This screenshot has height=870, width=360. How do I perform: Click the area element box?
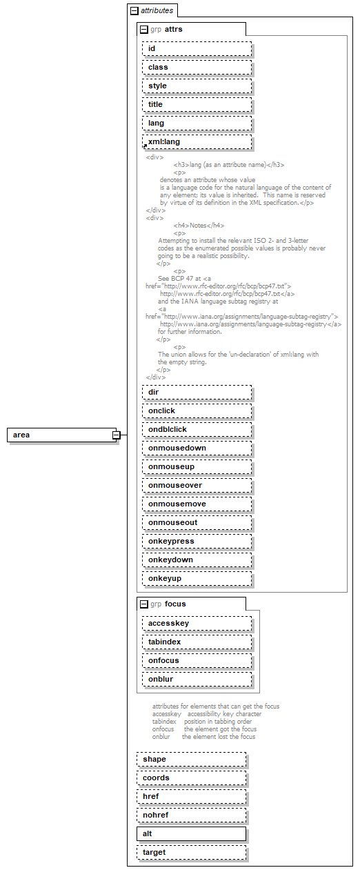[61, 435]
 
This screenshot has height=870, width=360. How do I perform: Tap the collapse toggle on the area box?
[117, 435]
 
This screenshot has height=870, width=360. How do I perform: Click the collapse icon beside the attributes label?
[134, 11]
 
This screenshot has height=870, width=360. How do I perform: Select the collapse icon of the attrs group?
[143, 30]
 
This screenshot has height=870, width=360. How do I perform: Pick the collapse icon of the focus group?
[143, 604]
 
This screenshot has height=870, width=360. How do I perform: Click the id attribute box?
[197, 48]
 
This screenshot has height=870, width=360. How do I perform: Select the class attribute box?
[197, 67]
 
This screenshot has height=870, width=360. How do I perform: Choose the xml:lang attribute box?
[197, 141]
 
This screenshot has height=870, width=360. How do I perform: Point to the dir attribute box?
[197, 392]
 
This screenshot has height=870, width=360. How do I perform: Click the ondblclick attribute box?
[197, 429]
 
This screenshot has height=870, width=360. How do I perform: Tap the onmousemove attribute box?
[197, 504]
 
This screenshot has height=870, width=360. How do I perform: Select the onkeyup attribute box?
[197, 578]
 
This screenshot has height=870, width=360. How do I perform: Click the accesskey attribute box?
[197, 623]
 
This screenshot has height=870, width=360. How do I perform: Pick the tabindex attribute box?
[197, 642]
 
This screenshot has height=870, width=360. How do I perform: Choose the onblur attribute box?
[197, 679]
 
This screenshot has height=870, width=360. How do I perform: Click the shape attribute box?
[191, 759]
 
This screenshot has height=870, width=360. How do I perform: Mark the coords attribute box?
[191, 778]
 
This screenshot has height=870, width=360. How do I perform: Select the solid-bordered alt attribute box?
[191, 833]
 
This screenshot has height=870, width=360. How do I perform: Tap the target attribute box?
[191, 852]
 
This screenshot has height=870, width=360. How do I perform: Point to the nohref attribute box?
[191, 815]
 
